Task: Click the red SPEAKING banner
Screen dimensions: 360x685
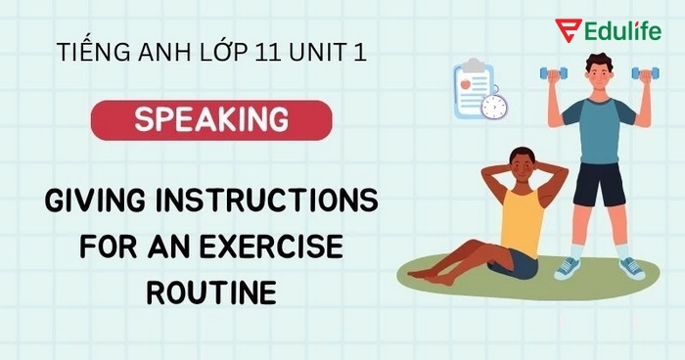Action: (211, 119)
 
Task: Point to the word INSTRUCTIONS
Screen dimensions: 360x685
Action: (278, 203)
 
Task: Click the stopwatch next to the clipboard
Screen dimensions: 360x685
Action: (495, 106)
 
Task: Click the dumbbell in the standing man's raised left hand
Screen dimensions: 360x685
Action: (645, 72)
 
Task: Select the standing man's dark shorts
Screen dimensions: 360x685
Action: (598, 184)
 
